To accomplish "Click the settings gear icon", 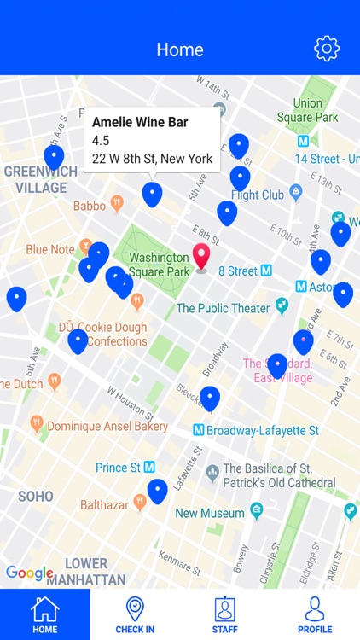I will [x=327, y=49].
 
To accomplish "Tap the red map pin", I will [x=201, y=257].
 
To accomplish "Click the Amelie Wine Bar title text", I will [x=140, y=123].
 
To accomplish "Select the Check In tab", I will [x=135, y=614].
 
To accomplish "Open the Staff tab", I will [x=225, y=614].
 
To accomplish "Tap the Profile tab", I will [x=315, y=614].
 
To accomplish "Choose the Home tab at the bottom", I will [x=44, y=614].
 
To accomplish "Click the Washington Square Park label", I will [x=159, y=265].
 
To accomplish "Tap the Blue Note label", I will [x=50, y=249].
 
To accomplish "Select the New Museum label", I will [x=210, y=513].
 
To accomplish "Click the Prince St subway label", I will [x=119, y=468].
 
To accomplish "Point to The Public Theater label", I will [x=223, y=308].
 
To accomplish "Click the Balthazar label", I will [x=104, y=504].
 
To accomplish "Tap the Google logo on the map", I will [x=29, y=573].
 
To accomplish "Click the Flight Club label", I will [x=258, y=195].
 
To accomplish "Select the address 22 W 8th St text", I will [x=152, y=158].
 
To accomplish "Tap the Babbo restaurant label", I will [x=90, y=206].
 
